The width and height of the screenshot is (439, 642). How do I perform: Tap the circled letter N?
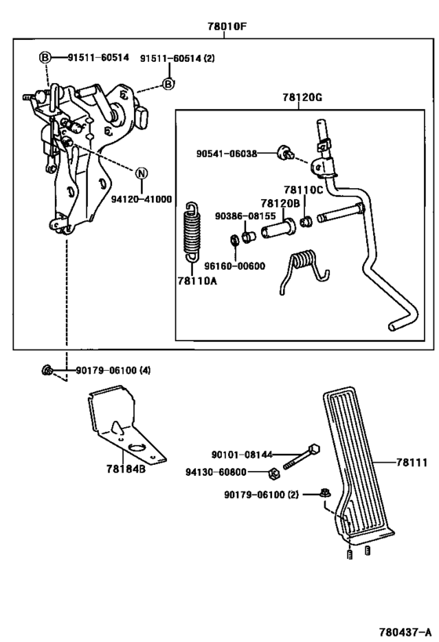(141, 173)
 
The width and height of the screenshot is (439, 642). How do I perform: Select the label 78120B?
(281, 202)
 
